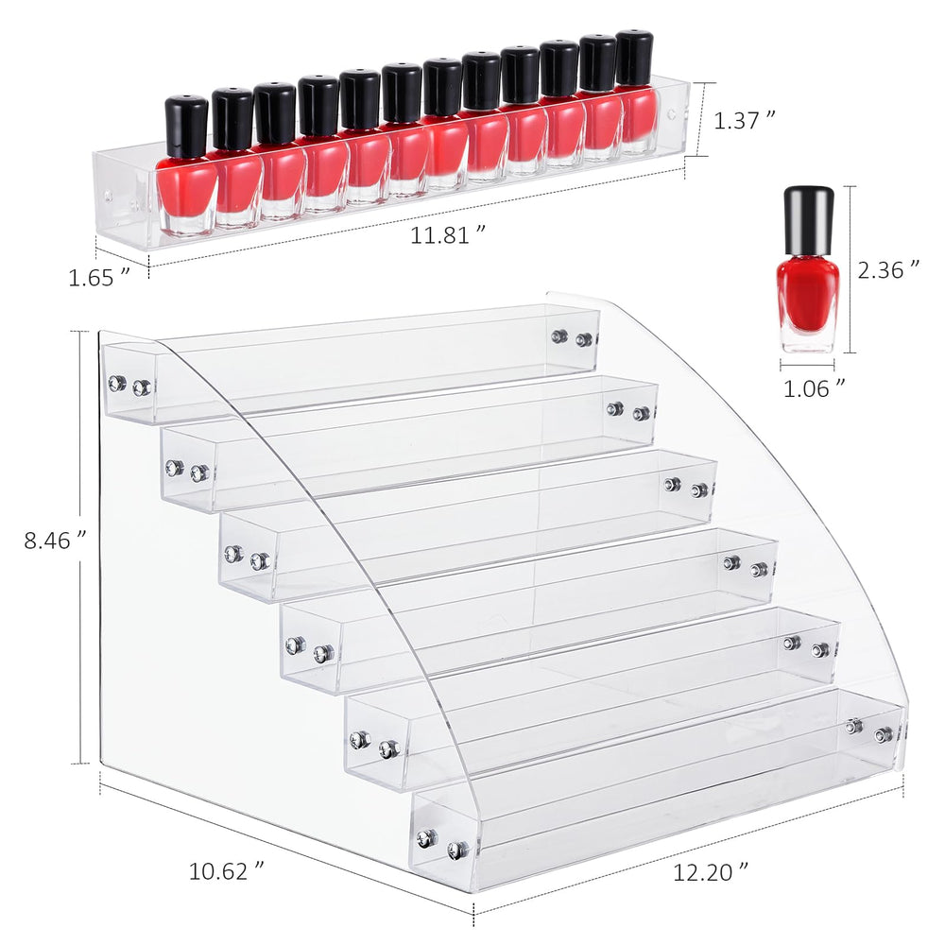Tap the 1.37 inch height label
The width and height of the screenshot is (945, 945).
[745, 120]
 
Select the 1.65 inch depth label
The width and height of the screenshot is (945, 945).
[98, 277]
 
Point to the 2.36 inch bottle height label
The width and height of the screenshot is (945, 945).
[888, 270]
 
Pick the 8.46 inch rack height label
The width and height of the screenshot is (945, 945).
[56, 541]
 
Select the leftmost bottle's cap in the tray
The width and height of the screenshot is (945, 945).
[186, 125]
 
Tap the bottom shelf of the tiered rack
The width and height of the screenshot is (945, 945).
[661, 784]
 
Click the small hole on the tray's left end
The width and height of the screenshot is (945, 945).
[108, 198]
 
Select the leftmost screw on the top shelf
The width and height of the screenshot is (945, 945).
[116, 383]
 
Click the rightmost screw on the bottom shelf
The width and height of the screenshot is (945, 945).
[884, 734]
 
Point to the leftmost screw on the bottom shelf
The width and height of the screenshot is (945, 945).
[427, 837]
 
